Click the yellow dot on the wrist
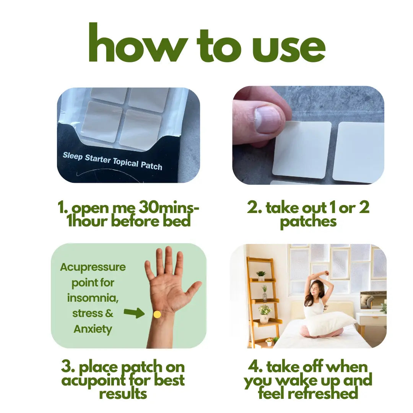tap(157, 314)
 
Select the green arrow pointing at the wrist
tap(134, 313)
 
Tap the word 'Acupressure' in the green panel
tap(93, 267)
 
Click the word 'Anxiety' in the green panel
tap(93, 329)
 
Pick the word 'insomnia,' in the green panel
tap(93, 298)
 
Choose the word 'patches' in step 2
tap(308, 221)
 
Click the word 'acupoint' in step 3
tap(102, 380)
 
